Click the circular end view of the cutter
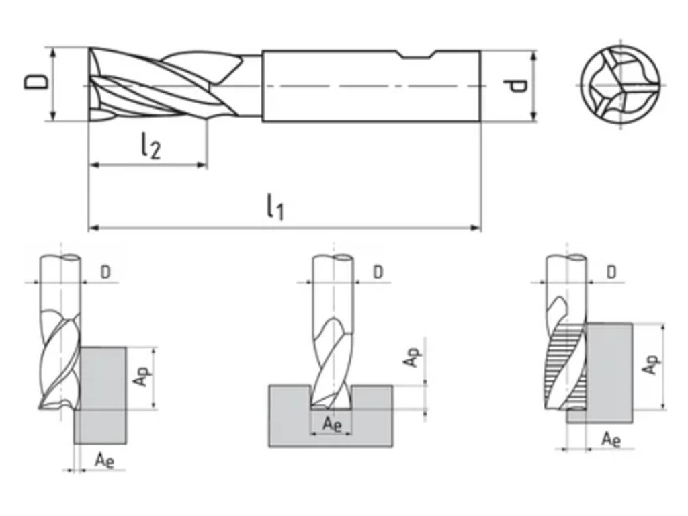pos(619,86)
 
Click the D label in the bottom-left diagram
pos(105,272)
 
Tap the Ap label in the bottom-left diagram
pos(140,378)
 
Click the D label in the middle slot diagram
pos(378,272)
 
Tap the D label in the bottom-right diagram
pos(611,272)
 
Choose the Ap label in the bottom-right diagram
pos(649,366)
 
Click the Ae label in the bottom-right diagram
pos(610,439)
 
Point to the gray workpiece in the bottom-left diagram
pos(101,403)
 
